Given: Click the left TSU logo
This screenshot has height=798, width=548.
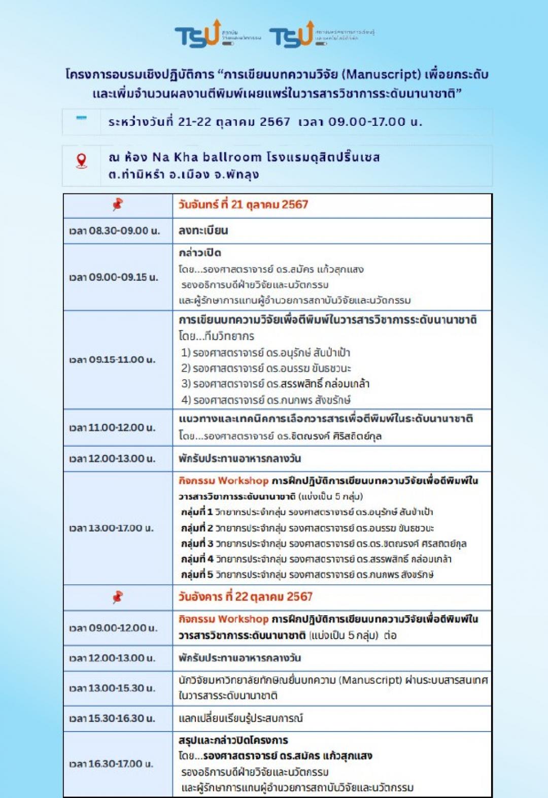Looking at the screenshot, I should pyautogui.click(x=198, y=35).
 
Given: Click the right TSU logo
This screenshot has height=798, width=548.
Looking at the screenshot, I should pyautogui.click(x=292, y=35).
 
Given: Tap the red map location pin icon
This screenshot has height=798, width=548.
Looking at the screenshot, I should pyautogui.click(x=81, y=161).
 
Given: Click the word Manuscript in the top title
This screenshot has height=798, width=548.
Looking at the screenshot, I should pyautogui.click(x=382, y=74).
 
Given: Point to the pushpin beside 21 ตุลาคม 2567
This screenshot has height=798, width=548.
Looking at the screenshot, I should pyautogui.click(x=118, y=205).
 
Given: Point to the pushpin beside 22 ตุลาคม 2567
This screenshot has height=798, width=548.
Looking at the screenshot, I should pyautogui.click(x=118, y=596).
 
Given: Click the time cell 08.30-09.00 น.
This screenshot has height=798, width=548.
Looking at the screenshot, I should pyautogui.click(x=114, y=231).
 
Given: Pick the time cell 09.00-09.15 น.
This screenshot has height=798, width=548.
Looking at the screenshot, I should pyautogui.click(x=114, y=277).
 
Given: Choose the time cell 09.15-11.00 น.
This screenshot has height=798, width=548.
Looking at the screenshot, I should pyautogui.click(x=112, y=359).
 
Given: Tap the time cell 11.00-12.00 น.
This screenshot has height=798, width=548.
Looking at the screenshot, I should pyautogui.click(x=112, y=427).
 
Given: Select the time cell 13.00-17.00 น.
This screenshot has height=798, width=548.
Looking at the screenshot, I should pyautogui.click(x=112, y=528).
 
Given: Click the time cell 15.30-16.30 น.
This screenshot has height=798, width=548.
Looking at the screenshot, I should pyautogui.click(x=112, y=718).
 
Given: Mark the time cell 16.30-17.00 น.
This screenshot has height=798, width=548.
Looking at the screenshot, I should pyautogui.click(x=111, y=763).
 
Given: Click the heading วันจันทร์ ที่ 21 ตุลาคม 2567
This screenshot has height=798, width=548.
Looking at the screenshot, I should pyautogui.click(x=243, y=205).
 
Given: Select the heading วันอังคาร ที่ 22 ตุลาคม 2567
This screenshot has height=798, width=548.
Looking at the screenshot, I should pyautogui.click(x=245, y=596).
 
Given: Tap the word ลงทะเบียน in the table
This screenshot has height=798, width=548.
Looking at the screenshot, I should pyautogui.click(x=203, y=230).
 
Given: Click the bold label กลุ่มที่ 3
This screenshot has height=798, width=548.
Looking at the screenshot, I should pyautogui.click(x=197, y=544).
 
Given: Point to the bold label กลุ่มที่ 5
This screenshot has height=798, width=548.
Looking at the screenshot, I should pyautogui.click(x=197, y=575).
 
